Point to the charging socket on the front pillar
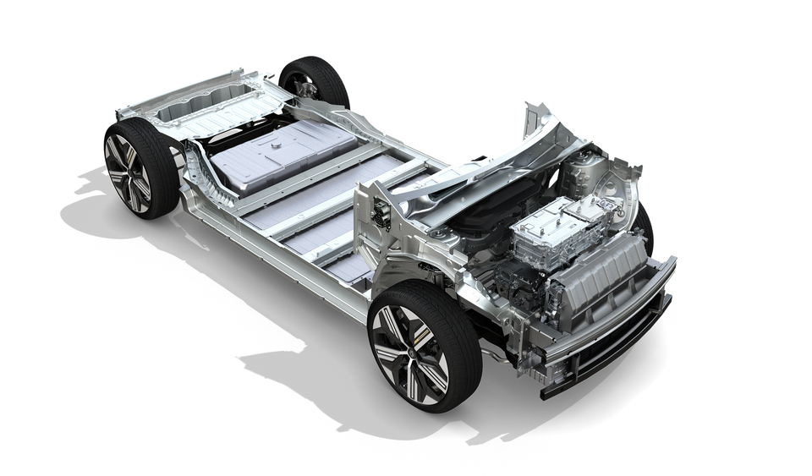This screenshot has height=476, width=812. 381,215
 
